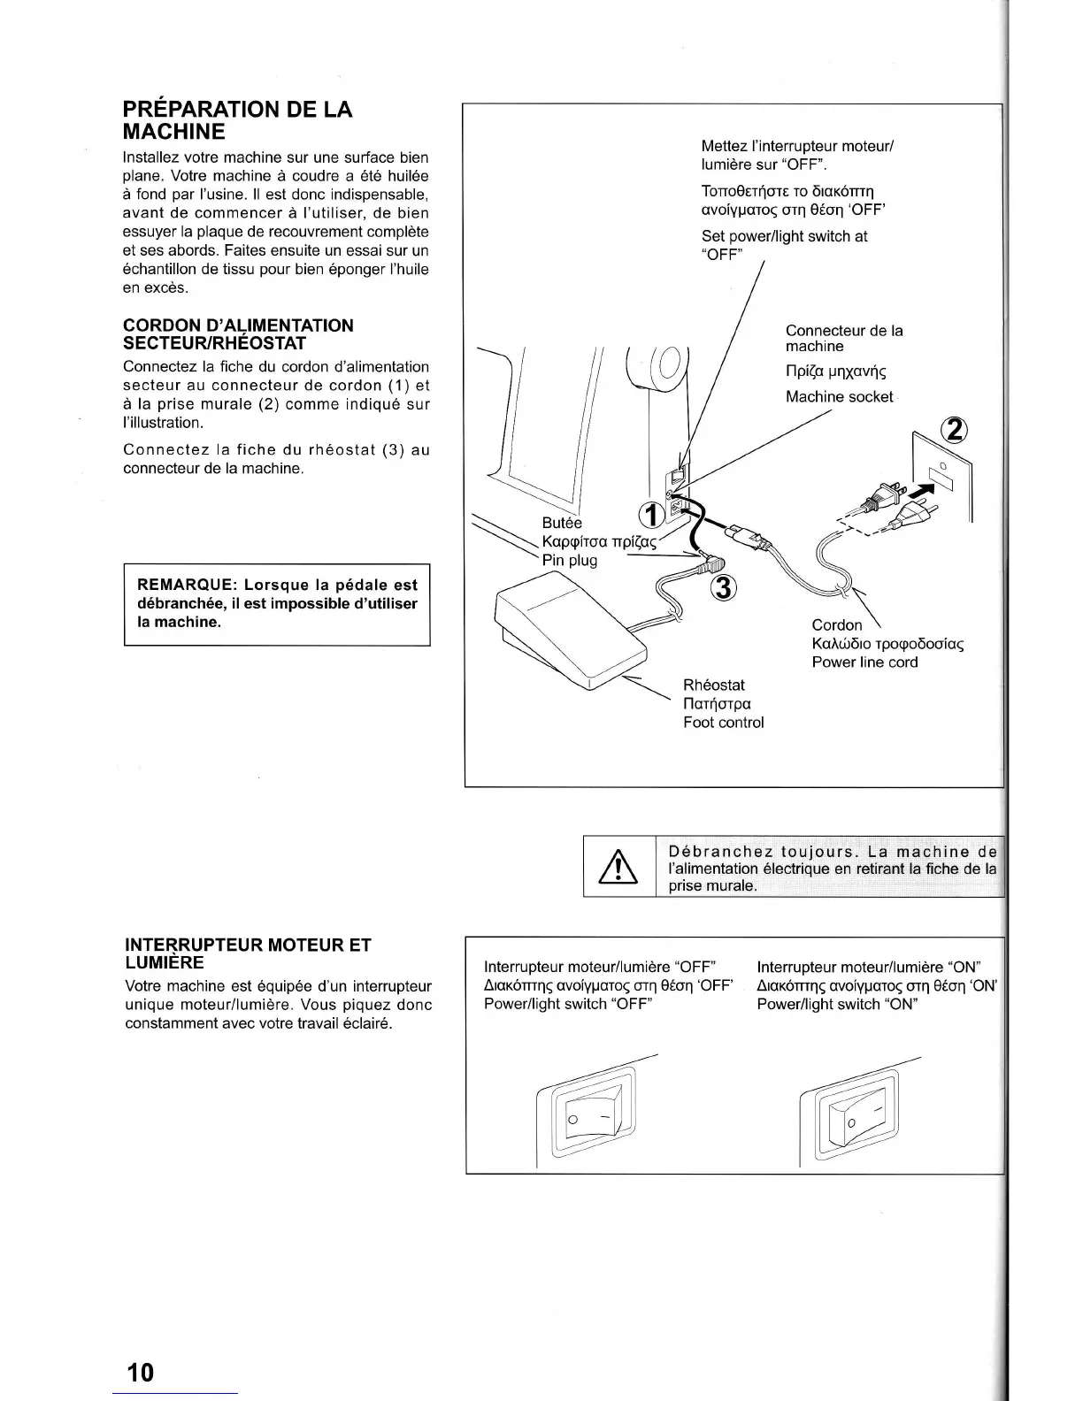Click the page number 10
140,1372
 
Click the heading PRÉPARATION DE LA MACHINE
237,120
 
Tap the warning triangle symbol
619,867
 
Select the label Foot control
723,723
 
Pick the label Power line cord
864,662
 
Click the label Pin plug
570,560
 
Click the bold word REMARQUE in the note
186,585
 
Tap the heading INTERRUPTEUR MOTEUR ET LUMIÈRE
248,953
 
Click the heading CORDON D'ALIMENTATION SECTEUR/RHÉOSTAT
238,333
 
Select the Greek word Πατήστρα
717,704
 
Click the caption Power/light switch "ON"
837,1004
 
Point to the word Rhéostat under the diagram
714,685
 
